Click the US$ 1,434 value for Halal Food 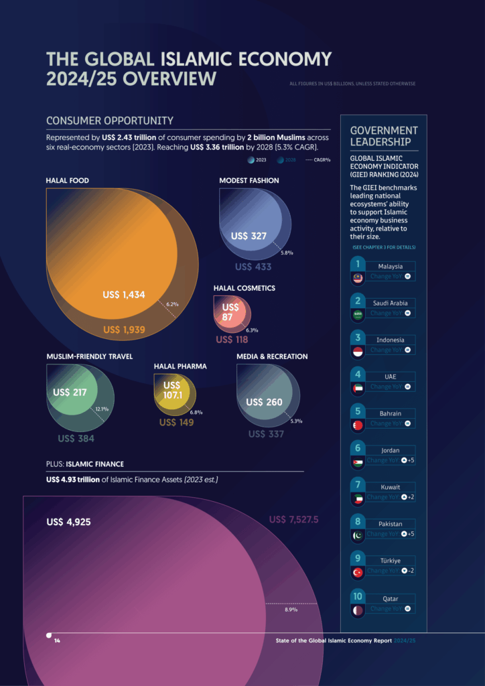(x=124, y=295)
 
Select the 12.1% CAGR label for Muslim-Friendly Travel (x=102, y=408)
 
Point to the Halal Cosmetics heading (x=244, y=288)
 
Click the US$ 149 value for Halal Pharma (x=176, y=422)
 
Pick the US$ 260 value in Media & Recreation (x=264, y=403)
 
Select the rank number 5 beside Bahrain (x=358, y=410)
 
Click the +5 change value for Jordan (x=411, y=460)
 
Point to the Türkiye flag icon (x=357, y=573)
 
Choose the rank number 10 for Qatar (x=358, y=595)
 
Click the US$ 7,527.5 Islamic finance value (x=293, y=519)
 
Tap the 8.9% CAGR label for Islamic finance (x=291, y=610)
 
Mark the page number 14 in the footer (x=57, y=641)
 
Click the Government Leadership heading (x=384, y=136)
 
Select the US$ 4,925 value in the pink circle (x=68, y=522)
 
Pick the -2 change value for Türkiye (x=411, y=571)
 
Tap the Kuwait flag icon (x=357, y=499)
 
